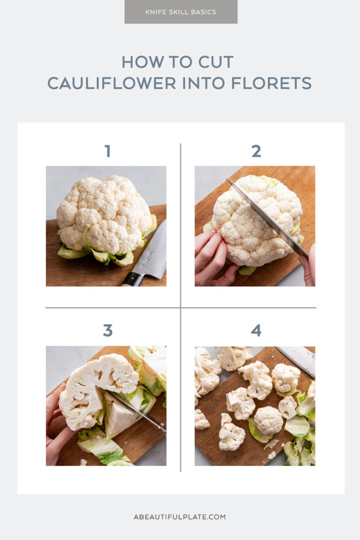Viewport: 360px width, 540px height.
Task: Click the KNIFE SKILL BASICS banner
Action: [181, 12]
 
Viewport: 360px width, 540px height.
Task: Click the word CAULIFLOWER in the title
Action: [112, 83]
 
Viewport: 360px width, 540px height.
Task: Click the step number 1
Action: [107, 151]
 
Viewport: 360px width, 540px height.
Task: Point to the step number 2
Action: [256, 151]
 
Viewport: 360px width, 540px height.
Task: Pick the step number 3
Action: [107, 331]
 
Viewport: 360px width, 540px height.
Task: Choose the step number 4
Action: [256, 331]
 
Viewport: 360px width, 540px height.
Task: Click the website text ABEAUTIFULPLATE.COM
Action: [180, 517]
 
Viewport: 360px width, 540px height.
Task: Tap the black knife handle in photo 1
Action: [132, 279]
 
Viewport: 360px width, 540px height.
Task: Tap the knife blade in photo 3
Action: [140, 411]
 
